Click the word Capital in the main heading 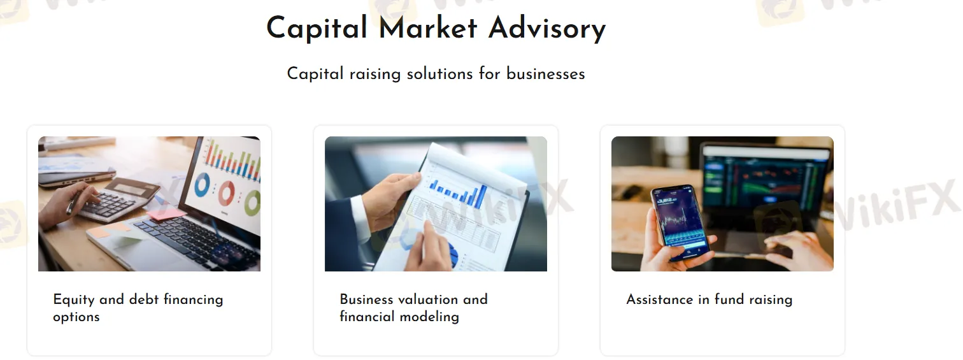click(317, 29)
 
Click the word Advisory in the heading click(547, 29)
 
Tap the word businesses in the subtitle click(545, 74)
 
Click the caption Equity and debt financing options click(138, 308)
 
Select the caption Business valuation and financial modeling click(413, 308)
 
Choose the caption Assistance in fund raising click(709, 299)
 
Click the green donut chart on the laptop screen click(253, 203)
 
